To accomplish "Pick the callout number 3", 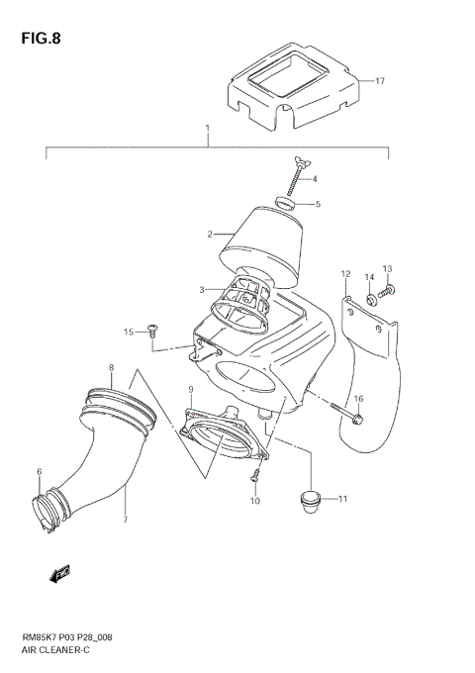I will [201, 289].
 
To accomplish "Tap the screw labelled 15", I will [153, 329].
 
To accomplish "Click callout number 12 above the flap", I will [346, 273].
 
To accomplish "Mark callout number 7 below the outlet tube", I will [126, 519].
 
